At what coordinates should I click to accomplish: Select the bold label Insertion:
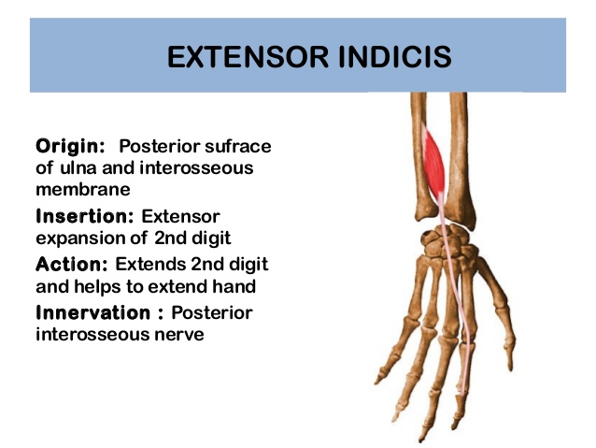tap(85, 216)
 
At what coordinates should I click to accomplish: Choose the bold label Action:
tap(71, 264)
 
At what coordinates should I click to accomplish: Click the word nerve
tap(178, 334)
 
